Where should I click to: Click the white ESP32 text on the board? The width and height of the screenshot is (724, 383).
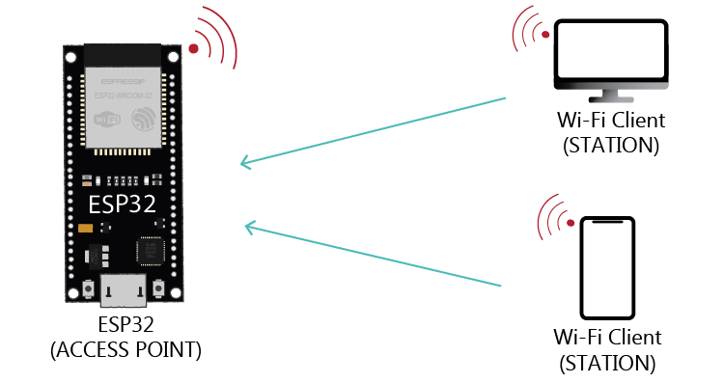122,205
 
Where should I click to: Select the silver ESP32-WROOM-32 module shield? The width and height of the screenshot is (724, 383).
124,106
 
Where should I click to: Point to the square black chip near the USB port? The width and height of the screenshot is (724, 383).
151,251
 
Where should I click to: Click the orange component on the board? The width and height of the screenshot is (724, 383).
86,229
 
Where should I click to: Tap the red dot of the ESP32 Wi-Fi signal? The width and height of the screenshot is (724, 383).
194,48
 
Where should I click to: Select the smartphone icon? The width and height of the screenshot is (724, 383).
608,267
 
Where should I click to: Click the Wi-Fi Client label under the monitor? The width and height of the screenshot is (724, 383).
610,123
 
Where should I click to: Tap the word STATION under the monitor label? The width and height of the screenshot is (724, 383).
610,146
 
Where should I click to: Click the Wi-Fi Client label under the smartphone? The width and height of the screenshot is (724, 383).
607,338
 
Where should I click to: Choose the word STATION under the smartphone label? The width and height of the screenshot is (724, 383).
607,363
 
